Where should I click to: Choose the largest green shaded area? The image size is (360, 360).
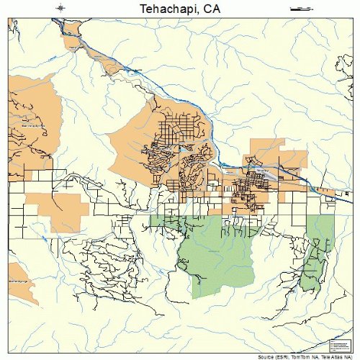pos(216,252)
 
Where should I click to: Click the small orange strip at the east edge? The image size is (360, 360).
pos(328,192)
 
